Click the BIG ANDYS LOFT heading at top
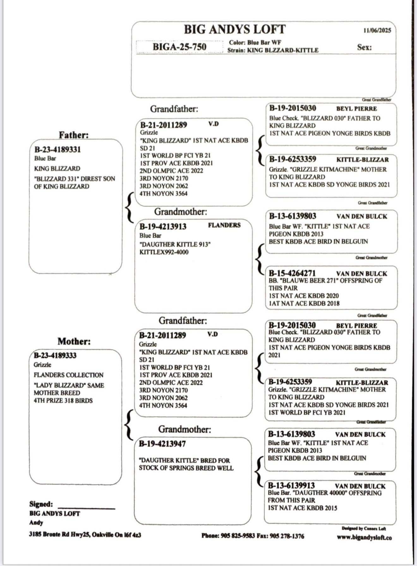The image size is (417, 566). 235,29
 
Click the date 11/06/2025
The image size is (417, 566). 377,30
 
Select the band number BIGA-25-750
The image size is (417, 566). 179,47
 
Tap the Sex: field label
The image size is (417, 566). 364,47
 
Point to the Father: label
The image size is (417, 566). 74,135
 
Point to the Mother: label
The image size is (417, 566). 74,341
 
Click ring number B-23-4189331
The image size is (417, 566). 57,149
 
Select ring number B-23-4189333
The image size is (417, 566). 55,355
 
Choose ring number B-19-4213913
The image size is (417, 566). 163,226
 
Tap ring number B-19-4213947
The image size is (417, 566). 162,444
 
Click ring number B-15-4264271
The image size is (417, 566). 292,273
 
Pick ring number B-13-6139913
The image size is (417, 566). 291,485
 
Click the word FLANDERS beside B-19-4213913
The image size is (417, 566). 224,225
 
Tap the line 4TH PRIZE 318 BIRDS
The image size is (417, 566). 63,400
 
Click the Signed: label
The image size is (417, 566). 41,504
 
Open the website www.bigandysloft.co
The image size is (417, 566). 364,537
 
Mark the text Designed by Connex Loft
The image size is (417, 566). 364,528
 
